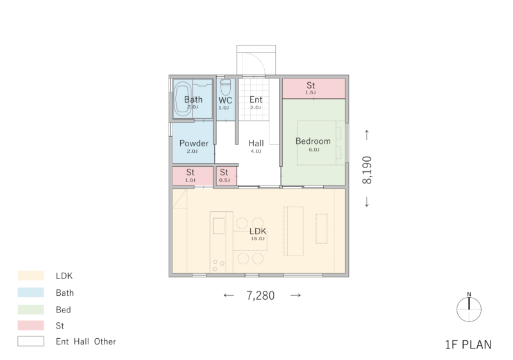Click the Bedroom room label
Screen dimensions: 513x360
point(313,141)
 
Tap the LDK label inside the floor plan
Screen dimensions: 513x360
point(258,231)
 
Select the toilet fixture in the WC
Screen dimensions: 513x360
point(226,87)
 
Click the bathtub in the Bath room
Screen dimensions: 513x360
point(183,99)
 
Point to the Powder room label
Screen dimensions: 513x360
point(194,143)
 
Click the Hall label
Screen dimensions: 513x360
point(256,143)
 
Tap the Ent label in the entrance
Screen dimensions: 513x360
point(256,99)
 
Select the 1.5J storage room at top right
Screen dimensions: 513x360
point(314,89)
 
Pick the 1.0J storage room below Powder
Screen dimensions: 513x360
point(193,176)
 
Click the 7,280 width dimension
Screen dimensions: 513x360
point(260,296)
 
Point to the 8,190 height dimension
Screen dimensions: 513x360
point(367,170)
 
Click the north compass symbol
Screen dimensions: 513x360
point(469,309)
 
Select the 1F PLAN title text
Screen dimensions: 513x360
point(468,345)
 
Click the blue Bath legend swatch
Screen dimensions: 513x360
point(31,292)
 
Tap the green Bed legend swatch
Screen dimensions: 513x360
point(31,309)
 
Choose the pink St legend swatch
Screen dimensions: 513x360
point(31,325)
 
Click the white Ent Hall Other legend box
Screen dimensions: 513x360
point(31,341)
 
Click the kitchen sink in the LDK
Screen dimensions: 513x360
point(219,226)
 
